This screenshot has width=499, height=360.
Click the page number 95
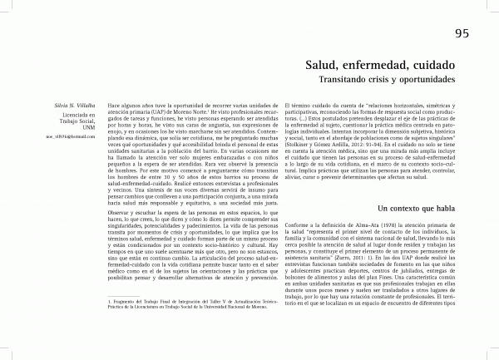pos(464,33)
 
